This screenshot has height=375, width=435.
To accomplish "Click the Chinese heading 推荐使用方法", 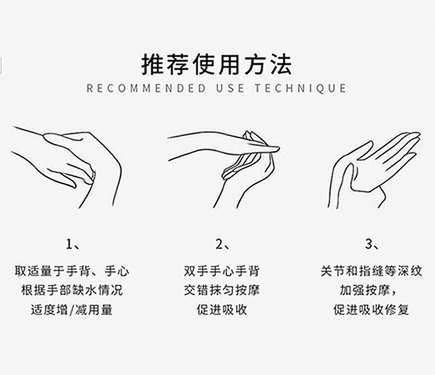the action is (217, 65).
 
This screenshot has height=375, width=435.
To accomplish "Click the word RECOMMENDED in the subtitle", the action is (147, 89).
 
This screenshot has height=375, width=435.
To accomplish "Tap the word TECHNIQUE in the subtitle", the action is (300, 89).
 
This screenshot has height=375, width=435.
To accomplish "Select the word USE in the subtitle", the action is (230, 89).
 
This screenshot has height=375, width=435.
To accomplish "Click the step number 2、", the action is (223, 244).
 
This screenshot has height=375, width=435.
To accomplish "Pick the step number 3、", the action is (372, 244).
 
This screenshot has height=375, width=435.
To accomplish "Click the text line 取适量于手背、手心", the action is (72, 271).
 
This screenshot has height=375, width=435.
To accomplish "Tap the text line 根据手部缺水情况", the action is (72, 290).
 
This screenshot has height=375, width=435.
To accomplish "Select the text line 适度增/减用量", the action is (72, 310).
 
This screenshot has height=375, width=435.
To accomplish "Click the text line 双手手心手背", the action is (222, 271).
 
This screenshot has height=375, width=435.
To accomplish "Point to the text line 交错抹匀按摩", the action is (222, 290).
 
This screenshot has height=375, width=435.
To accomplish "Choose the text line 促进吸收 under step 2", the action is (222, 310).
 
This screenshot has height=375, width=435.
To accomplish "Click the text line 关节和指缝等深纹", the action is (371, 271).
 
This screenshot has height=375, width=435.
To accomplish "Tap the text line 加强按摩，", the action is (368, 290).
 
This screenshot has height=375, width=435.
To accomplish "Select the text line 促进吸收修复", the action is (371, 310).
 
